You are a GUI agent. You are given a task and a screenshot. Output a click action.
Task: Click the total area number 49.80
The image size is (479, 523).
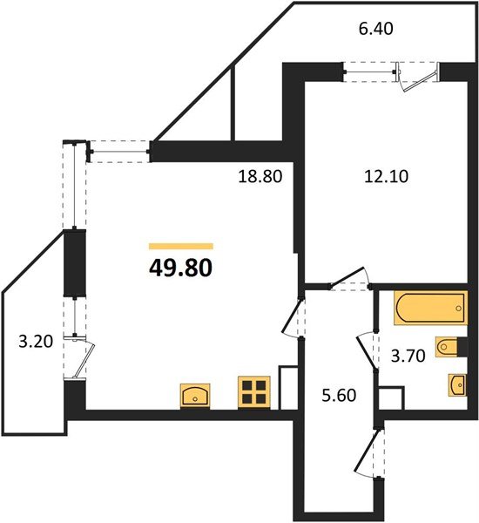coord(181,265)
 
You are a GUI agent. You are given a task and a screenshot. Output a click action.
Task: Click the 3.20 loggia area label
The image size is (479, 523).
coord(35,341)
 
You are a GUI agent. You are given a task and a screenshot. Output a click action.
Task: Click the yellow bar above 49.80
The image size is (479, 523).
coord(181,246)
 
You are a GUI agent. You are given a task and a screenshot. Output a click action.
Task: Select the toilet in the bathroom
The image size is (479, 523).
coord(449,349)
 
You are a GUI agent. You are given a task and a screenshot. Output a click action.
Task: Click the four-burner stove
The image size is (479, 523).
coord(255,392)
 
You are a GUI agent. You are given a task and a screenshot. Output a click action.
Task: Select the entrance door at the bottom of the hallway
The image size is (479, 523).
coord(372,453)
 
